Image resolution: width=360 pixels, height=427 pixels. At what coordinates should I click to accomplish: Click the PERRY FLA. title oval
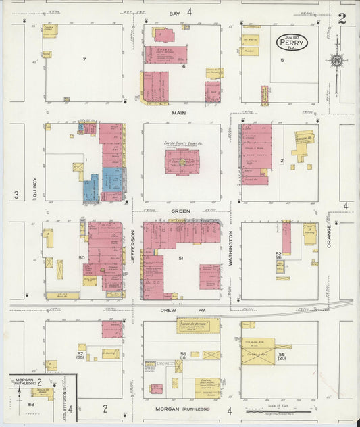point(292,42)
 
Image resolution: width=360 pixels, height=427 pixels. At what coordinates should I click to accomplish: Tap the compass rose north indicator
point(336,61)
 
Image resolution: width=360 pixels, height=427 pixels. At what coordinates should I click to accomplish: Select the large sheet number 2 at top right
point(342,18)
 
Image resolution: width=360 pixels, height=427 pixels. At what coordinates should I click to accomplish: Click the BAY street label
point(175,12)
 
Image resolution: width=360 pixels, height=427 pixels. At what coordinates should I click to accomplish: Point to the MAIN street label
point(179,113)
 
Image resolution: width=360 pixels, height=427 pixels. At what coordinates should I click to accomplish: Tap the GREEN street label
point(180,211)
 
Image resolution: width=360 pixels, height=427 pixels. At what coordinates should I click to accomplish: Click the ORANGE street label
point(329,236)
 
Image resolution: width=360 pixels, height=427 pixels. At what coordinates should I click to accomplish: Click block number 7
point(84,60)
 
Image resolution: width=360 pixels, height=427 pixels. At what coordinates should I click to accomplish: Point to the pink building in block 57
point(112,329)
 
